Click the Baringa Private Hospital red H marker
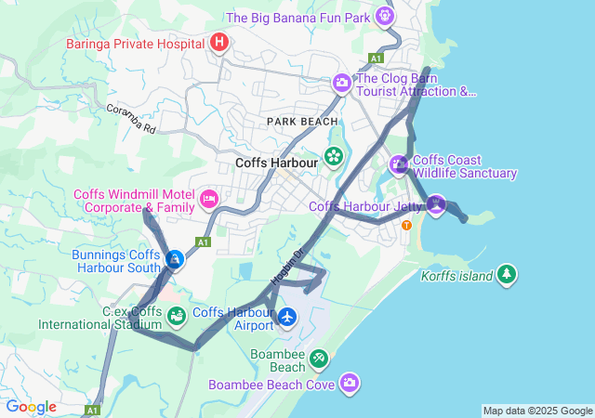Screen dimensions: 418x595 (x=219, y=42)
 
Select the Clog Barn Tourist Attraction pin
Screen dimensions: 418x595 (x=342, y=84)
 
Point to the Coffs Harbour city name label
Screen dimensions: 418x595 (x=277, y=163)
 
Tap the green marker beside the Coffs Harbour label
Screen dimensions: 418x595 (x=333, y=155)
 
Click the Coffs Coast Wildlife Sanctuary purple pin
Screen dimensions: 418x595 (x=399, y=164)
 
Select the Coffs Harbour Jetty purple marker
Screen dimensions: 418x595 (x=436, y=203)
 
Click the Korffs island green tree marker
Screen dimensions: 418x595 (x=506, y=274)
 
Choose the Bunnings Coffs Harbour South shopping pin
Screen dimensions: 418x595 (x=174, y=258)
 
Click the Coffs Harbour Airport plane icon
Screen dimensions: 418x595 (x=287, y=318)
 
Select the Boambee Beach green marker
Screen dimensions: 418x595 (x=318, y=358)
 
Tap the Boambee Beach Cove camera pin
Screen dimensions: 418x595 (x=350, y=382)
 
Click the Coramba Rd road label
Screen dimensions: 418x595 (x=129, y=120)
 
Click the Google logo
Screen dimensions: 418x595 (x=31, y=407)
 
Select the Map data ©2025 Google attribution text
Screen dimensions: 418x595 (x=537, y=411)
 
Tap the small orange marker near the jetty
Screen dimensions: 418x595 (x=406, y=225)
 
